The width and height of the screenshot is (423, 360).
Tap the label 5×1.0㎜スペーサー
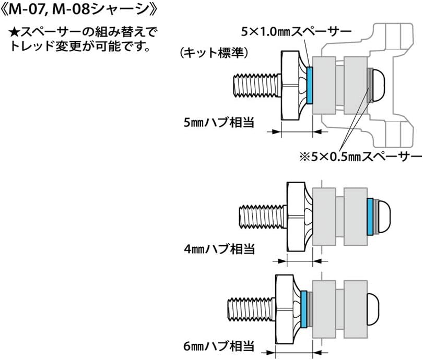(296, 32)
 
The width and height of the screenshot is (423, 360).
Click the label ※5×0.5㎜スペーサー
(361, 157)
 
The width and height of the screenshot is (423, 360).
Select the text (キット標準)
(214, 53)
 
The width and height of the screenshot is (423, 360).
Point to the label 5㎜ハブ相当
(219, 123)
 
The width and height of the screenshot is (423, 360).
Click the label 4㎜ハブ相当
(219, 249)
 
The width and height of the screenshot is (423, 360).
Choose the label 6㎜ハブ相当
(219, 346)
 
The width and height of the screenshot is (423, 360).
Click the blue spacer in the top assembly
(310, 85)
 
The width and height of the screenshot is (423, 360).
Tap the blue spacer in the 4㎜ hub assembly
(370, 217)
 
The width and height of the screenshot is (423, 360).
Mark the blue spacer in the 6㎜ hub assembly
(304, 309)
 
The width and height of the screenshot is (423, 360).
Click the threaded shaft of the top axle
(257, 86)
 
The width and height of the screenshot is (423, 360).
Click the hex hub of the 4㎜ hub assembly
(299, 217)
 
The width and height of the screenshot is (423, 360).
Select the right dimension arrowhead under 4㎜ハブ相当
(318, 261)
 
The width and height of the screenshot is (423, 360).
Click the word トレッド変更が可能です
(80, 46)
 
